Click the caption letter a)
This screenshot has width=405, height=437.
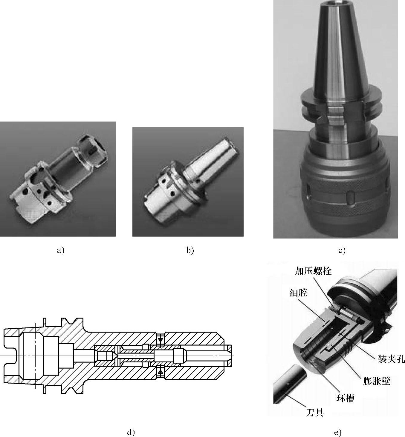point(60,250)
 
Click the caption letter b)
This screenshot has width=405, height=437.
point(190,250)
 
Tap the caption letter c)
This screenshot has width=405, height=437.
point(342,250)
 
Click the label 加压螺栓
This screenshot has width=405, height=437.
point(313,271)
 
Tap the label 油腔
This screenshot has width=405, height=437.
point(298,293)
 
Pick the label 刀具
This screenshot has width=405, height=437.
point(315,413)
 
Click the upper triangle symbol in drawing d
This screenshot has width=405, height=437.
point(161,340)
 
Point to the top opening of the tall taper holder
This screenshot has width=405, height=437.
point(337,2)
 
